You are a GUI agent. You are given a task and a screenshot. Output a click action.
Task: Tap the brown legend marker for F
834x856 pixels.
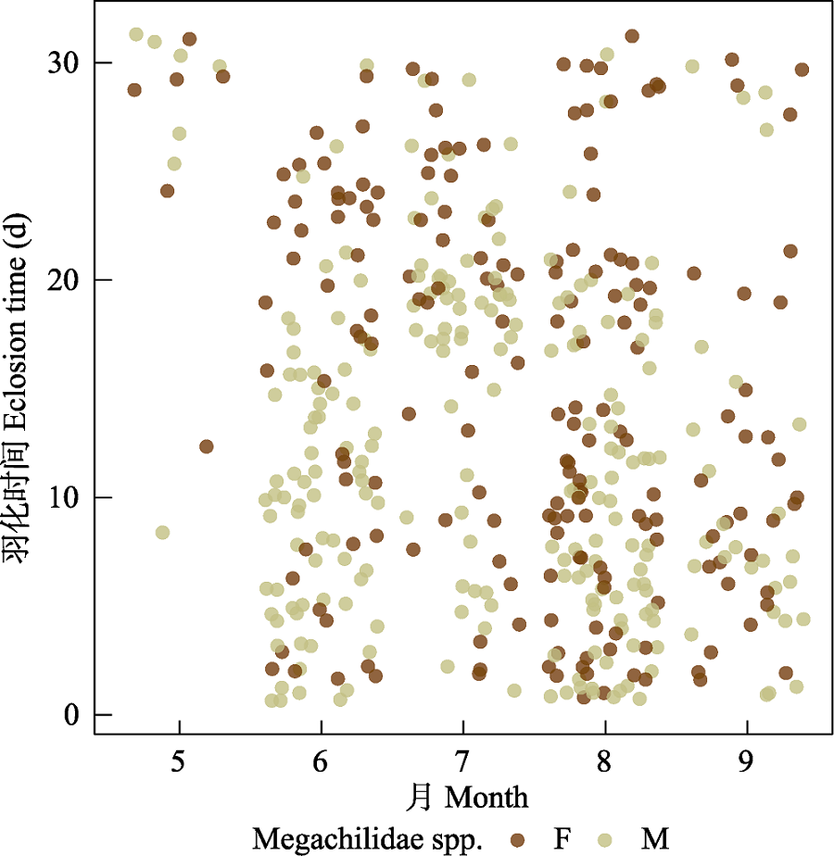(517, 838)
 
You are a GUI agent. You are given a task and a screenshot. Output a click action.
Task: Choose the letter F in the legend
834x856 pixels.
(562, 838)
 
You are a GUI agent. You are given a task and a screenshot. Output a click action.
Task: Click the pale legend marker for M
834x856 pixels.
(607, 838)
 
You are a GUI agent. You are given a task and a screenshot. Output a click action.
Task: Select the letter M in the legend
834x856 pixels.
(654, 838)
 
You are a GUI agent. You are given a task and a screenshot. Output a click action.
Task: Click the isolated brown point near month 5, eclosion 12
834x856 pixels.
(206, 447)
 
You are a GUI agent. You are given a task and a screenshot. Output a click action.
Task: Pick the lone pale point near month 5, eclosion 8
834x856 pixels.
(162, 533)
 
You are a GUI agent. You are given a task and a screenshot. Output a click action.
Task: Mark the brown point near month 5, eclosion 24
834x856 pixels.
(167, 191)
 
